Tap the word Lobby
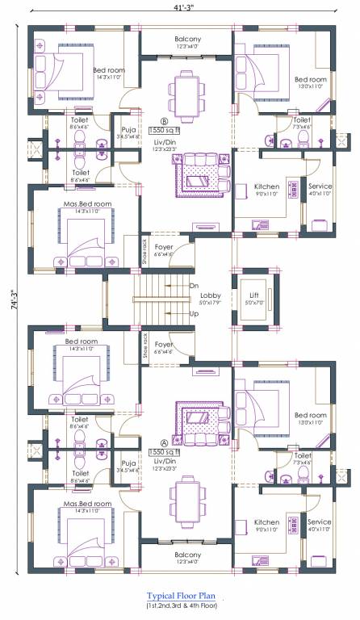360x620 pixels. point(211,295)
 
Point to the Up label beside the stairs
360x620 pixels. point(194,313)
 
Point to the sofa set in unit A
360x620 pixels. point(198,417)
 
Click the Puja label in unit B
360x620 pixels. point(128,128)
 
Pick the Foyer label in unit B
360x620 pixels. point(165,247)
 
